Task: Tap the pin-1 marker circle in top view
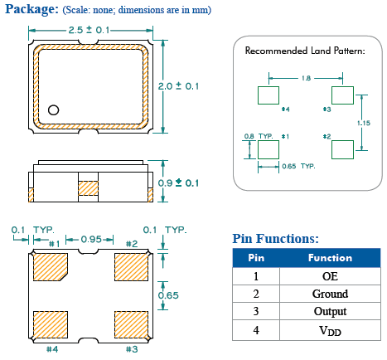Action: [54, 109]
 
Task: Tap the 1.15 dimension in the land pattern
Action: [363, 122]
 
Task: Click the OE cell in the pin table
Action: [330, 276]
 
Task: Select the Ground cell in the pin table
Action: [330, 294]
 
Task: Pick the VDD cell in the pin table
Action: [330, 330]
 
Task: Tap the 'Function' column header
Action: [330, 258]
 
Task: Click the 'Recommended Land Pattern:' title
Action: [304, 51]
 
